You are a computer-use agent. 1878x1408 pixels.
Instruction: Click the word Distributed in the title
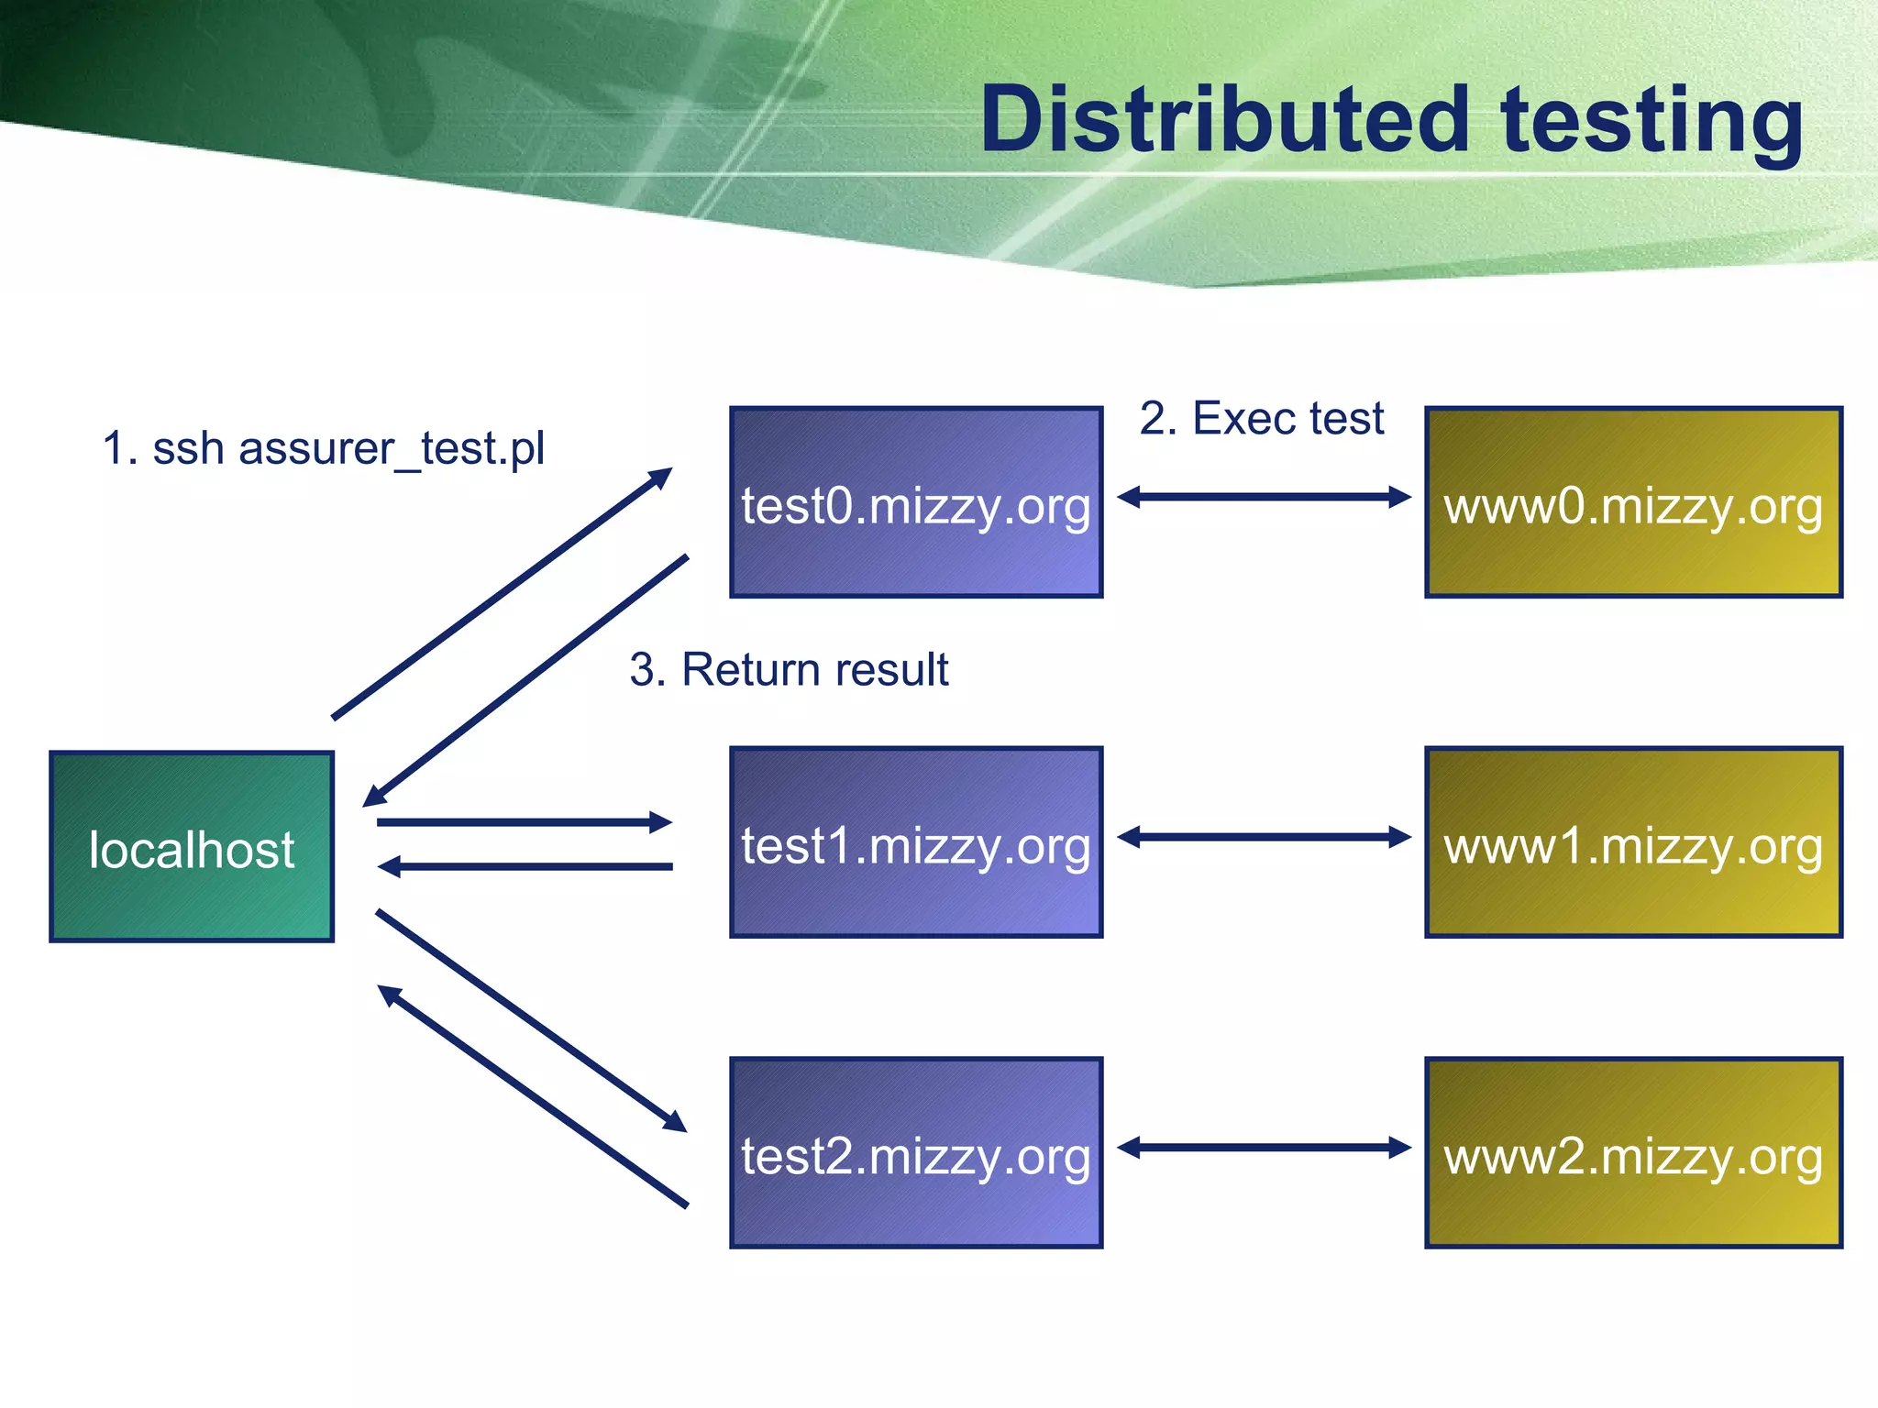pos(1224,119)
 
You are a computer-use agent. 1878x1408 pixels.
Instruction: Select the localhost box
pos(192,847)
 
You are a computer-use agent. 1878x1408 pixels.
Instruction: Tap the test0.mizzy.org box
pos(915,503)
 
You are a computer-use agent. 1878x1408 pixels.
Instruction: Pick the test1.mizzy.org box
pos(915,842)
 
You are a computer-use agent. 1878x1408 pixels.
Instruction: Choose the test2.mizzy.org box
pos(915,1153)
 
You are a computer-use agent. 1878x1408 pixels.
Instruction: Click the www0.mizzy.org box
pos(1633,503)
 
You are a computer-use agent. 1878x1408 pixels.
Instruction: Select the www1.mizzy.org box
pos(1633,842)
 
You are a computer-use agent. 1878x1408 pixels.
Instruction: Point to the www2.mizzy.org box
pos(1633,1153)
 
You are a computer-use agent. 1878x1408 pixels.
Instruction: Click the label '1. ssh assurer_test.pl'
pos(323,449)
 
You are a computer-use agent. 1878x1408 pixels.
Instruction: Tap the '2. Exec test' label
pos(1261,419)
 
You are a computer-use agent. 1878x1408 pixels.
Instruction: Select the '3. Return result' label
pos(789,669)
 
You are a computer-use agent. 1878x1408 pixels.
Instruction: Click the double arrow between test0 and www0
pos(1264,497)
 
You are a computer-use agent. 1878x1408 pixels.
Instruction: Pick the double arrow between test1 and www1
pos(1264,837)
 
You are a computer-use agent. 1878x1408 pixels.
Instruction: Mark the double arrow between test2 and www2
pos(1264,1147)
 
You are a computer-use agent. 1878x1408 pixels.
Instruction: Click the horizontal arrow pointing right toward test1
pos(523,822)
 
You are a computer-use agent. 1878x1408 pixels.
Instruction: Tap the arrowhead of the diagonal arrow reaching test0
pos(661,477)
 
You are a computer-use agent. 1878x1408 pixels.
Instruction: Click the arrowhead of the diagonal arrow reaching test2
pos(676,1123)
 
